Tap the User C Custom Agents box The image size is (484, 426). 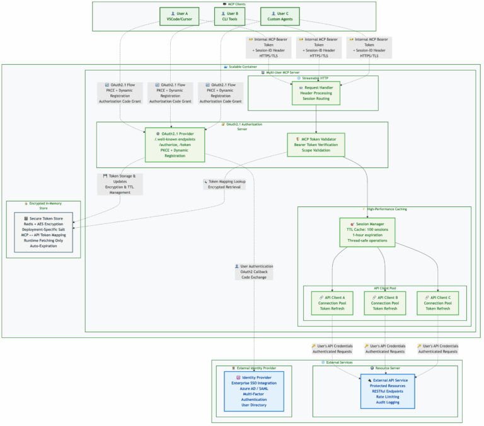(280, 16)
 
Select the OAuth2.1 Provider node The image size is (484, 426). (175, 145)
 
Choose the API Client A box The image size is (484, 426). (331, 303)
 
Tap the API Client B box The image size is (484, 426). (384, 303)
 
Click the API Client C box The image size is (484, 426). (437, 303)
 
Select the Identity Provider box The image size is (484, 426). (254, 391)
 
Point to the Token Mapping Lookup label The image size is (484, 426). (222, 184)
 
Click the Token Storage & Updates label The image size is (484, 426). (119, 184)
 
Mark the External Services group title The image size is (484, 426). (337, 362)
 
